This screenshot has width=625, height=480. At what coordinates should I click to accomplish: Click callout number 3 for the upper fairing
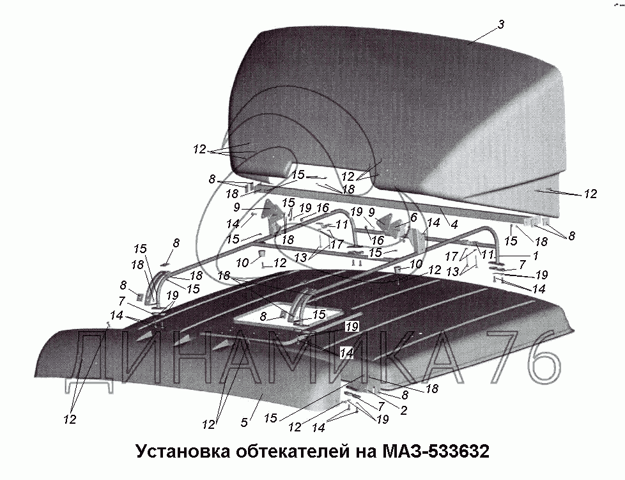pos(502,24)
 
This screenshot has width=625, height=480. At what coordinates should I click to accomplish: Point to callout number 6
pos(413,217)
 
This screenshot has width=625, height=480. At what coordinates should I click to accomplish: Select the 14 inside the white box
pos(346,352)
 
